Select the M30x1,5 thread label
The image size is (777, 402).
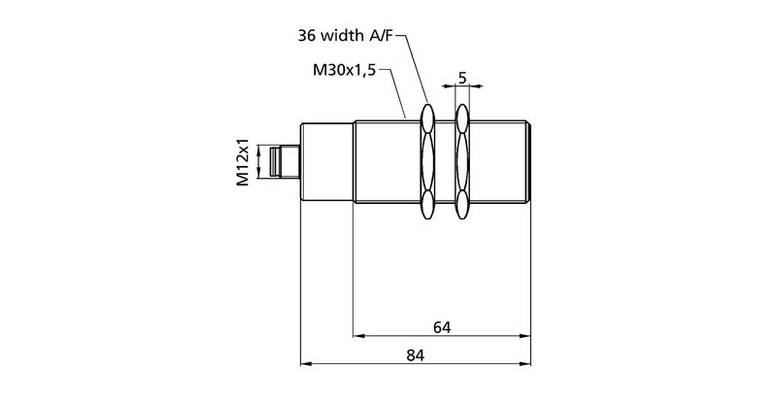344,71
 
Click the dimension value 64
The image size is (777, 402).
442,325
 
